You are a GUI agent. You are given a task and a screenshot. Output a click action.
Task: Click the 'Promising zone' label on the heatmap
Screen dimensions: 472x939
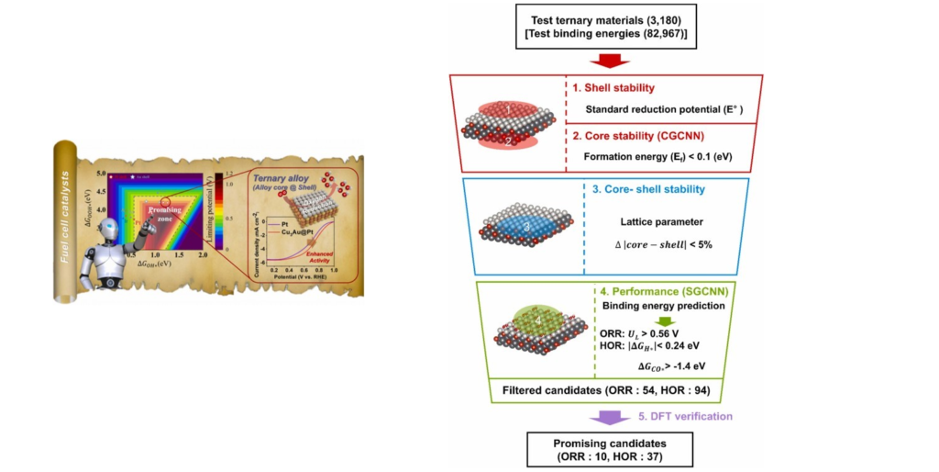pyautogui.click(x=170, y=214)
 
